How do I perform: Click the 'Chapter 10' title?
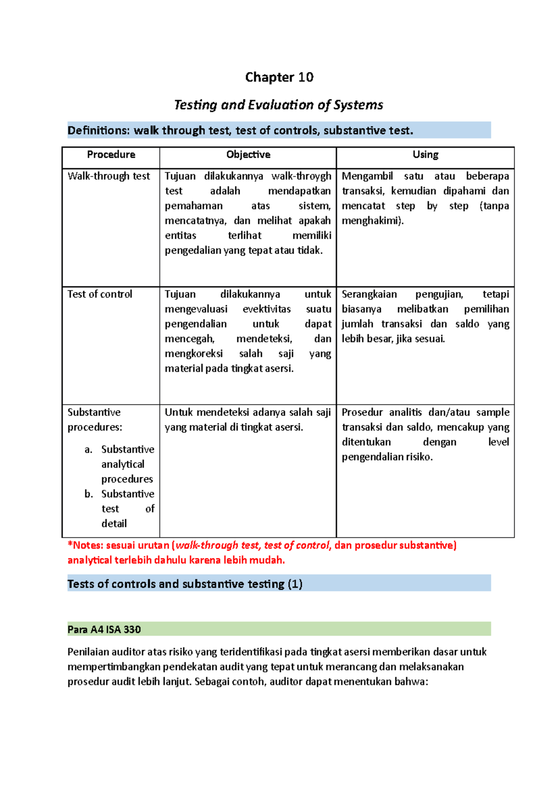pos(279,77)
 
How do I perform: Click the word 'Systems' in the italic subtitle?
pos(361,105)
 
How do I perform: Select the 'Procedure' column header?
pos(111,155)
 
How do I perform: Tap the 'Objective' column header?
pos(248,155)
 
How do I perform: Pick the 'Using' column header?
pos(425,155)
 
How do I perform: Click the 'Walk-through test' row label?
pos(109,176)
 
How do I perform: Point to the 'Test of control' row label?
pos(100,294)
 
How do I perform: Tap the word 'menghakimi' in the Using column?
pos(372,221)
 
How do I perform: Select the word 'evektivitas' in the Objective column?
pos(266,309)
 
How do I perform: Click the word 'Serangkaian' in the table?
pos(369,294)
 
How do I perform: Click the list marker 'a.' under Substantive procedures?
pos(88,449)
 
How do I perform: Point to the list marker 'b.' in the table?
pos(88,494)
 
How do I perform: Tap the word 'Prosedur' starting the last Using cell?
pos(361,412)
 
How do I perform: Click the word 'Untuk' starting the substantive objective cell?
pos(179,412)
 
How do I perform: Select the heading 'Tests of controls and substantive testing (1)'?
pos(185,584)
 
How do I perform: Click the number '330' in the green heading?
pos(132,629)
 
